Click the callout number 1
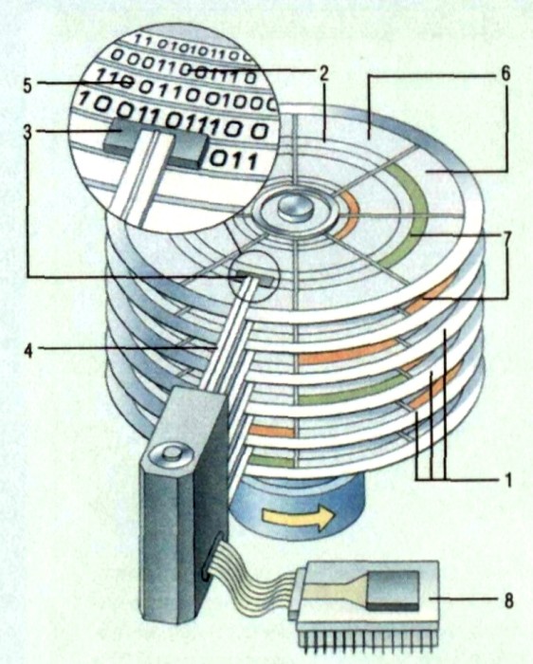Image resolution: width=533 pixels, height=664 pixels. (x=508, y=480)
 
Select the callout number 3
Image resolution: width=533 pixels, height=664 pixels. (x=28, y=132)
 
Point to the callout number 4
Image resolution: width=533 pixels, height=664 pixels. (x=28, y=350)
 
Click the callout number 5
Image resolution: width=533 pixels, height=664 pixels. (x=28, y=85)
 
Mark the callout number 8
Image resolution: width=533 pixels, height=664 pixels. (x=507, y=600)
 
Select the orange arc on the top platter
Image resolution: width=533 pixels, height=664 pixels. (x=348, y=213)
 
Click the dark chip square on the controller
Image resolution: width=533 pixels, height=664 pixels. (x=394, y=589)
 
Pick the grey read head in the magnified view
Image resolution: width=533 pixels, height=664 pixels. (x=155, y=143)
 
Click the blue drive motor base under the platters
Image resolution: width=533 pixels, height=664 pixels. (x=296, y=508)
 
